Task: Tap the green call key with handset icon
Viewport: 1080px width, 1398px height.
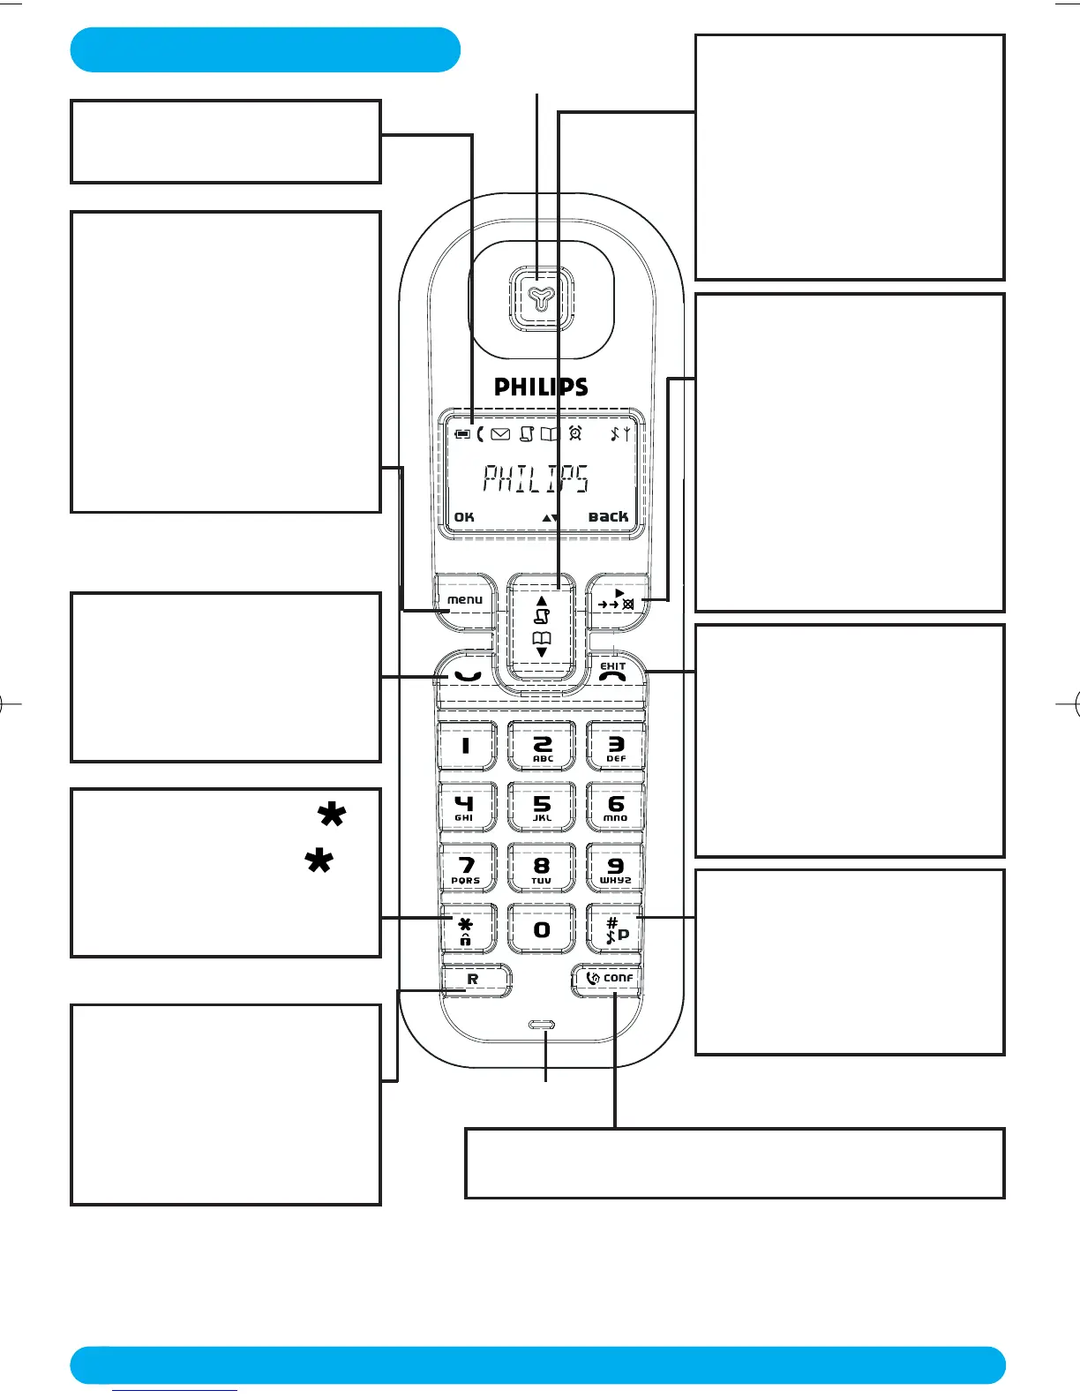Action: (x=467, y=676)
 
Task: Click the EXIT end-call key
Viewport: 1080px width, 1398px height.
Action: (x=613, y=673)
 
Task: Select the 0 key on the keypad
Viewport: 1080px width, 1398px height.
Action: (x=542, y=929)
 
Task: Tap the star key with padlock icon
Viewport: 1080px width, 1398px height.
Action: (x=466, y=930)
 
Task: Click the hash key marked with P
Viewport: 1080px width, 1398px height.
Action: (x=616, y=930)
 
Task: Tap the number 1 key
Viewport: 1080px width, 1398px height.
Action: (x=466, y=746)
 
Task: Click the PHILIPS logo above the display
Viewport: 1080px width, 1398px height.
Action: (x=541, y=387)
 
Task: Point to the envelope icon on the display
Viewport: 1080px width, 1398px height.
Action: (x=500, y=434)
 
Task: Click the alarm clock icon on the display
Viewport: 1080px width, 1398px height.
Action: (x=575, y=433)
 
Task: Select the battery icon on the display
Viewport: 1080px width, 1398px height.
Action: (x=462, y=434)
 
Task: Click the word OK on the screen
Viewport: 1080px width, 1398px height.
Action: (x=464, y=517)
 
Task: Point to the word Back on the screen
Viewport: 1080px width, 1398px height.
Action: (x=608, y=516)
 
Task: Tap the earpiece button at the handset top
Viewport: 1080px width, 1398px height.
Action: (x=541, y=299)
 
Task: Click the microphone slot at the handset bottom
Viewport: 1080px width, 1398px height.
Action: (x=542, y=1026)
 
